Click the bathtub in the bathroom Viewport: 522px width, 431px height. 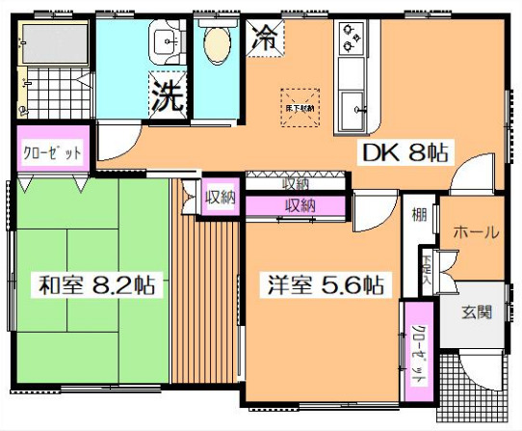click(54, 42)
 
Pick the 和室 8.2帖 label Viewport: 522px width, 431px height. click(96, 286)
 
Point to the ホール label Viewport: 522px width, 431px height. click(476, 231)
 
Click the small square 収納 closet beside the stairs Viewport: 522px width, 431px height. click(221, 197)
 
